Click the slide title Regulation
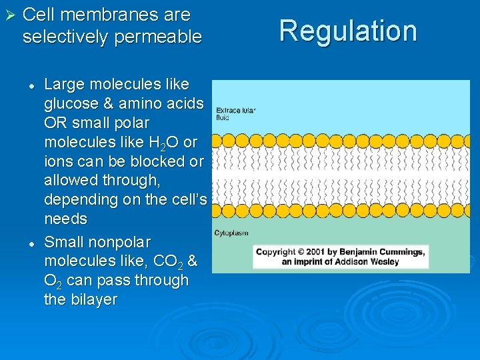(347, 31)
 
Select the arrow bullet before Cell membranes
(9, 15)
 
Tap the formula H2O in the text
(163, 143)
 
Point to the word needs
(65, 219)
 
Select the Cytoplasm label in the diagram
(231, 233)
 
